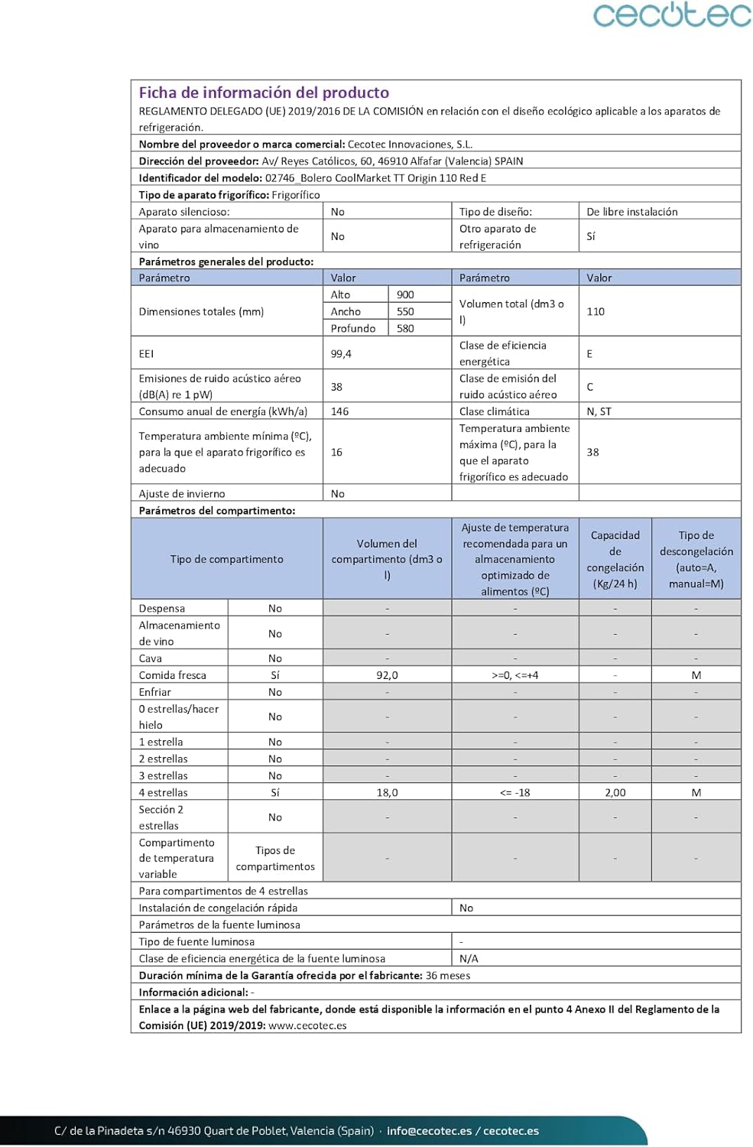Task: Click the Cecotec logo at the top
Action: [672, 15]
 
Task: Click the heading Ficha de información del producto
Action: [264, 93]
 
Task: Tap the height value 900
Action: [405, 294]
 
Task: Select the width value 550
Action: [405, 311]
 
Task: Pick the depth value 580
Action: [405, 328]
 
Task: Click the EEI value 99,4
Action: [341, 353]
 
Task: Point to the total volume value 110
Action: [596, 311]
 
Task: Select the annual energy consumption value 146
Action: [339, 411]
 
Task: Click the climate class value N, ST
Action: [599, 411]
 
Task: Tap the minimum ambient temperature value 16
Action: [336, 452]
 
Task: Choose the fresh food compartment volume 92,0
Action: [387, 675]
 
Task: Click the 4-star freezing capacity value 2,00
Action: [615, 792]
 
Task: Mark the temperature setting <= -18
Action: [514, 792]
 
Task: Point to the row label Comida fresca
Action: [173, 675]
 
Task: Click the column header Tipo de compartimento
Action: [226, 559]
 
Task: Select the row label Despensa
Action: [162, 608]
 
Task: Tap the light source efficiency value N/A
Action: [469, 958]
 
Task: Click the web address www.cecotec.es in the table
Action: [307, 1025]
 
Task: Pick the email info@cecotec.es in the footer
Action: [429, 1131]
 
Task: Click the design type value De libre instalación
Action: [631, 212]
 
